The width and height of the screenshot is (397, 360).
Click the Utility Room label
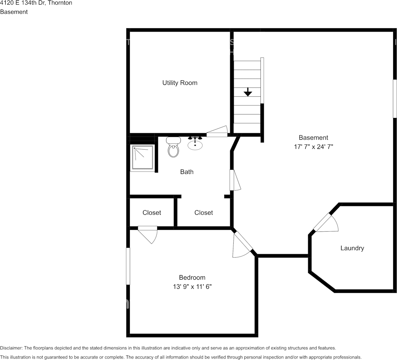(180, 83)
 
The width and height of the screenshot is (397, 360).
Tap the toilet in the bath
(174, 147)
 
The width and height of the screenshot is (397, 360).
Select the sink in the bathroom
(195, 143)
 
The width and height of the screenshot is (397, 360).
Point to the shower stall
(142, 157)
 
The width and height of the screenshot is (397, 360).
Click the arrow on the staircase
(248, 92)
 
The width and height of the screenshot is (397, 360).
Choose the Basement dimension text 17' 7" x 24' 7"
(313, 147)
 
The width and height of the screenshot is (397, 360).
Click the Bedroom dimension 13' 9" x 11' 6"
(192, 287)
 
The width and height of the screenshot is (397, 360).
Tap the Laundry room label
(352, 248)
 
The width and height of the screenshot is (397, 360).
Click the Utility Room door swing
(217, 131)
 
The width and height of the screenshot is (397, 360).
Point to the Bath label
(187, 172)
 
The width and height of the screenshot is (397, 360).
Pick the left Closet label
(151, 213)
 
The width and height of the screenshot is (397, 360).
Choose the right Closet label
(204, 213)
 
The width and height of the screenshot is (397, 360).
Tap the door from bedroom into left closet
(148, 234)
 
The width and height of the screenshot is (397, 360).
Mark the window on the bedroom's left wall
(128, 266)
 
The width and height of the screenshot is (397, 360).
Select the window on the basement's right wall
(395, 99)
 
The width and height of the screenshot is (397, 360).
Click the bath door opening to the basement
(235, 180)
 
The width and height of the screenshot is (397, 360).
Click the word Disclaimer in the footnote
(11, 348)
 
